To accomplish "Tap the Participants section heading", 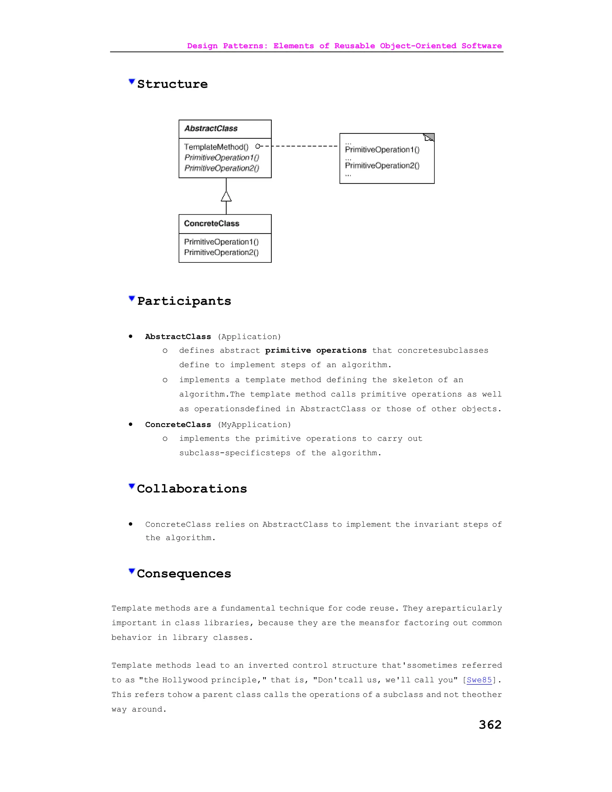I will (184, 301).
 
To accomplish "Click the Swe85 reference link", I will (479, 680).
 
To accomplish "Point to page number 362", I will (490, 724).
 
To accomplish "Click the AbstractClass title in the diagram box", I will (211, 129).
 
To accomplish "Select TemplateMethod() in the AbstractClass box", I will (216, 147).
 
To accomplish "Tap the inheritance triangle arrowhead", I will (226, 197).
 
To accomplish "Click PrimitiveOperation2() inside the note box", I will (382, 166).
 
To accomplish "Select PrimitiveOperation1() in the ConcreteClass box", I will (221, 242).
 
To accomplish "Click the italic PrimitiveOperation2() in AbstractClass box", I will (221, 168).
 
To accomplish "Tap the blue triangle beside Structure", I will (131, 82).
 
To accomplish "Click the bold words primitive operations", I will (316, 350).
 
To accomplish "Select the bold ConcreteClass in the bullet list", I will (178, 425).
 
